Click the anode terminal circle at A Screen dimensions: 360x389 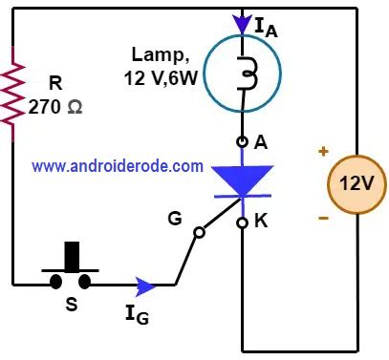(x=242, y=141)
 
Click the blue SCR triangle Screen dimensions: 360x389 (x=242, y=179)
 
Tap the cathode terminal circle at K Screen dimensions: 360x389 (x=242, y=223)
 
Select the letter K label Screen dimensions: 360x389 (x=261, y=219)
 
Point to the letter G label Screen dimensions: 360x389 (x=174, y=219)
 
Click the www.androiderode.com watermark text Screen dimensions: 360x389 (x=118, y=165)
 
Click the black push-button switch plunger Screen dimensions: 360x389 (x=72, y=257)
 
